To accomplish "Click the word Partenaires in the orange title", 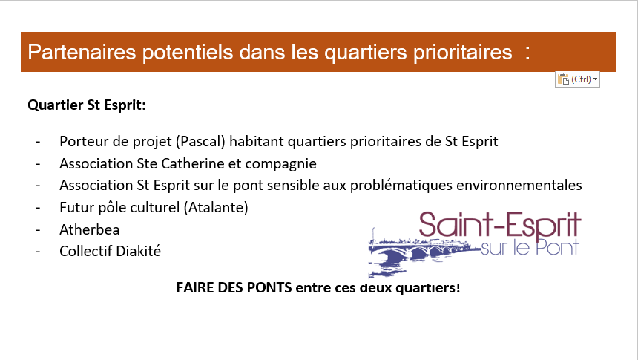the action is pyautogui.click(x=82, y=52).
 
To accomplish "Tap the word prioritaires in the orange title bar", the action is pyautogui.click(x=463, y=53).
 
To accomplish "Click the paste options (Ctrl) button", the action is pyautogui.click(x=577, y=79).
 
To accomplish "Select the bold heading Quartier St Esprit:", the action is pyautogui.click(x=87, y=105).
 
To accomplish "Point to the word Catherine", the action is pyautogui.click(x=193, y=163).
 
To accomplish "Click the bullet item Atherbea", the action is pyautogui.click(x=90, y=229).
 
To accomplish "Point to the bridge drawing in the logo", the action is pyautogui.click(x=419, y=252).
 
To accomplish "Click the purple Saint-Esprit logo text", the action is pyautogui.click(x=500, y=225).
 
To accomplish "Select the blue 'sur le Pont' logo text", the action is pyautogui.click(x=530, y=247).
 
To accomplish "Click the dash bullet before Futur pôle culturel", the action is pyautogui.click(x=38, y=208).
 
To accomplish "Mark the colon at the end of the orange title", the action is pyautogui.click(x=527, y=53).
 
